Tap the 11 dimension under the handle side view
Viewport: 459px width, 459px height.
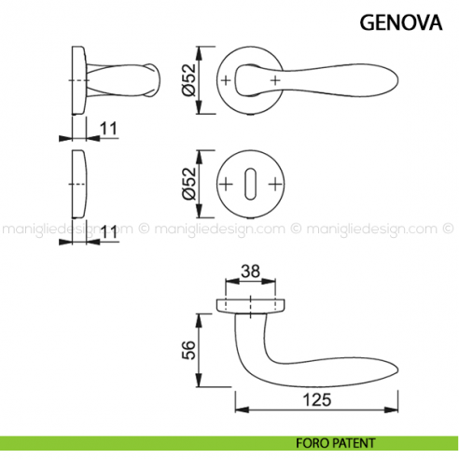pos(109,128)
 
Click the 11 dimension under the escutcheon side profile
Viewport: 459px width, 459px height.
pos(109,230)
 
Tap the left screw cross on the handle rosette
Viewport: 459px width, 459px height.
pos(226,82)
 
